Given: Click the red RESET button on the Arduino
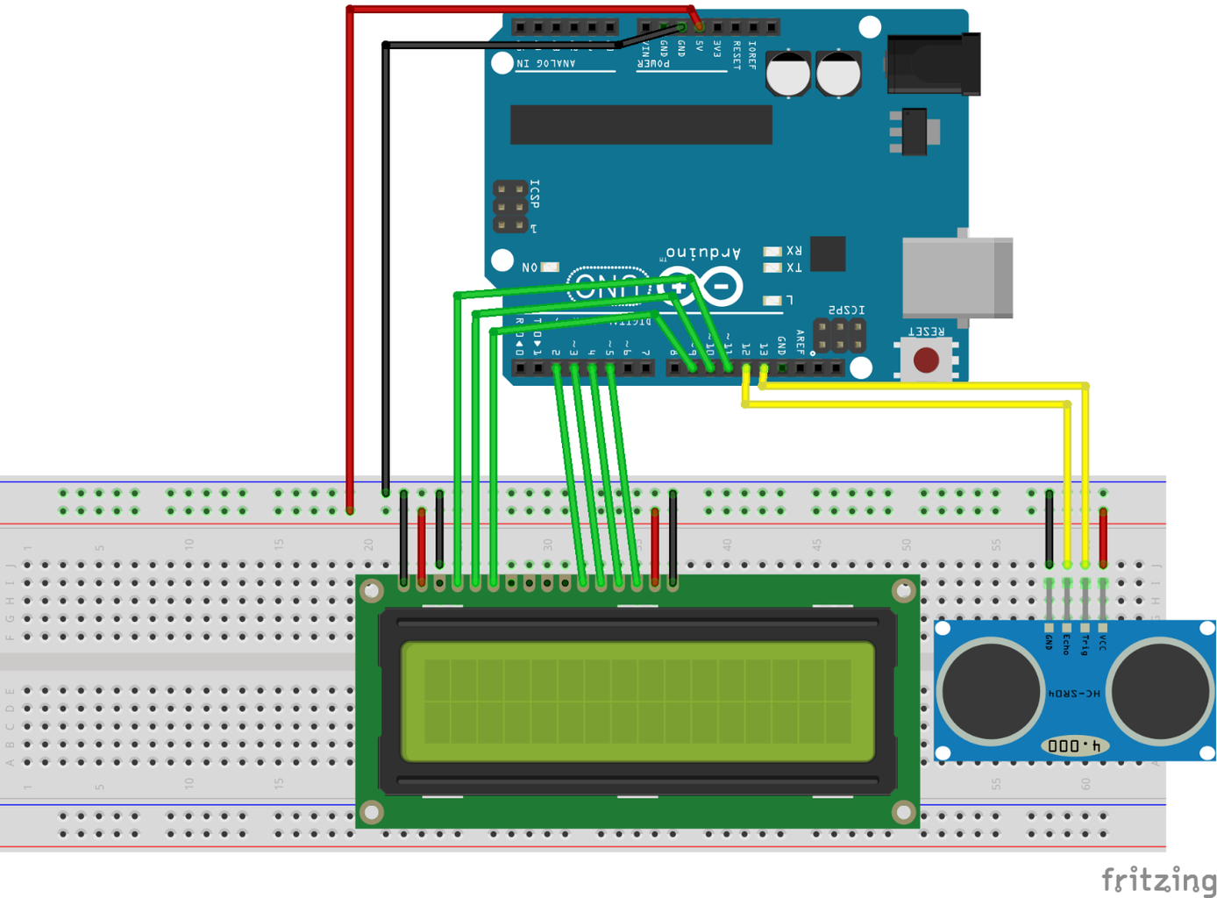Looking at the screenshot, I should (x=926, y=360).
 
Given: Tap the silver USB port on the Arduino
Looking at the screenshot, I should (x=957, y=278).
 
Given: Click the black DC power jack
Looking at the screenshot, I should (x=933, y=63).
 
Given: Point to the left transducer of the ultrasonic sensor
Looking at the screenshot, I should (x=990, y=690).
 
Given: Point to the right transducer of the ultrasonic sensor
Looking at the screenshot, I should (x=1160, y=690).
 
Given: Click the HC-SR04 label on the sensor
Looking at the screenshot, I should (x=1075, y=693).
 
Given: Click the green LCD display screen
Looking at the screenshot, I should (x=637, y=702).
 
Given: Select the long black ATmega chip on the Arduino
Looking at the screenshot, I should (x=641, y=125).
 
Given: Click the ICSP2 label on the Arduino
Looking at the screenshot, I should (x=847, y=310).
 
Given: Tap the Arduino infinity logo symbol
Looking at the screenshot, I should (x=700, y=287).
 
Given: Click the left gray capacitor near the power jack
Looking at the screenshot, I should (x=788, y=74).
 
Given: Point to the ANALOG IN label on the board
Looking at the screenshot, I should (x=545, y=63).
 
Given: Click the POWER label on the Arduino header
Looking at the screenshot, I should (x=653, y=63).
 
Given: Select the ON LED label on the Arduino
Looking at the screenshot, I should (x=530, y=267).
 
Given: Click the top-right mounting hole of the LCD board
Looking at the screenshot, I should (x=902, y=591).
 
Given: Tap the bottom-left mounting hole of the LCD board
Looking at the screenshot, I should (x=372, y=812).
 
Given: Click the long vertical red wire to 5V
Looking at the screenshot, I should (x=350, y=263).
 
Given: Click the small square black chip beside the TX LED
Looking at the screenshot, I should (x=828, y=254).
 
